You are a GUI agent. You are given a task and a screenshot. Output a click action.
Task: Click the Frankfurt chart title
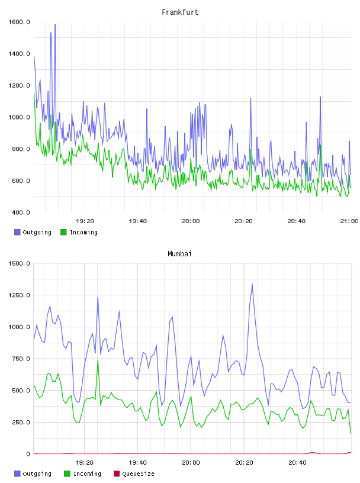[x=180, y=12]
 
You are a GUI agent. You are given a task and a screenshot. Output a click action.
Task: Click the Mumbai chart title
[x=179, y=254]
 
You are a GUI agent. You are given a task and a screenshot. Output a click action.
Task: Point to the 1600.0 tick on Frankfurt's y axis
[x=19, y=22]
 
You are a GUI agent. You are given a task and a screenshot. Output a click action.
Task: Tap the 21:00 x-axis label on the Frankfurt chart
[x=349, y=221]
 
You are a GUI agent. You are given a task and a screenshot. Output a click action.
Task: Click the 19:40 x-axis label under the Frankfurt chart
[x=138, y=221]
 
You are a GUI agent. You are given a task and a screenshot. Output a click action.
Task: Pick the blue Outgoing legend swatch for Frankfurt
[x=17, y=232]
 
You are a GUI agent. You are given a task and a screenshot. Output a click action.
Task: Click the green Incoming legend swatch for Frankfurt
[x=63, y=232]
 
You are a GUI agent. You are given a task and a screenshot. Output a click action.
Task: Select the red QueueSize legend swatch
[x=117, y=474]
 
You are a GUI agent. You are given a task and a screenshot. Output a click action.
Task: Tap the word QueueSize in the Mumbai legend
[x=139, y=474]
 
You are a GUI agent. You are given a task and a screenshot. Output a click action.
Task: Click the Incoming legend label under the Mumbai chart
[x=87, y=474]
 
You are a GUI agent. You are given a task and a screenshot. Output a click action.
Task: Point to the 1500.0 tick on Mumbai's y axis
[x=19, y=263]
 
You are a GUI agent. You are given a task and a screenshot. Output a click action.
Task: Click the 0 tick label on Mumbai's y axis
[x=28, y=454]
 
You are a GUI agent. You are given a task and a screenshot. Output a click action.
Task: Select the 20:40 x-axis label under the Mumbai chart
[x=297, y=462]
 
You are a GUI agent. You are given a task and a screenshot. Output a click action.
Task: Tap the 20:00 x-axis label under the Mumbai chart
[x=191, y=462]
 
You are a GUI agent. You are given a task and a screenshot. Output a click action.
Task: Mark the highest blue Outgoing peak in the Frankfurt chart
[x=55, y=25]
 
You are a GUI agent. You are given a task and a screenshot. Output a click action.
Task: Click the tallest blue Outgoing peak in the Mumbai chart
[x=252, y=285]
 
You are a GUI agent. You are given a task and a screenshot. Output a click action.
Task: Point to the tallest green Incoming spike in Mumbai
[x=98, y=360]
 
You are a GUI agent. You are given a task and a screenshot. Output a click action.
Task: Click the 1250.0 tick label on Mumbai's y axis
[x=19, y=295]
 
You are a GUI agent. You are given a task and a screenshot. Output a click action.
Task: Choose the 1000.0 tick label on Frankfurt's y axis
[x=19, y=117]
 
